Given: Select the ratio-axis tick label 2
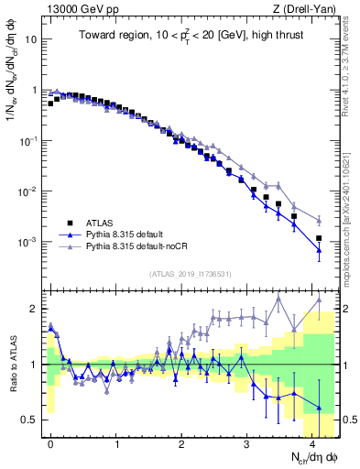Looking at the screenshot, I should [x=34, y=308].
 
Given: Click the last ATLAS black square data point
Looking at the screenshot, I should [x=319, y=238].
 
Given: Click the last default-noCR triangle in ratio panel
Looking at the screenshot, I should [x=319, y=299].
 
